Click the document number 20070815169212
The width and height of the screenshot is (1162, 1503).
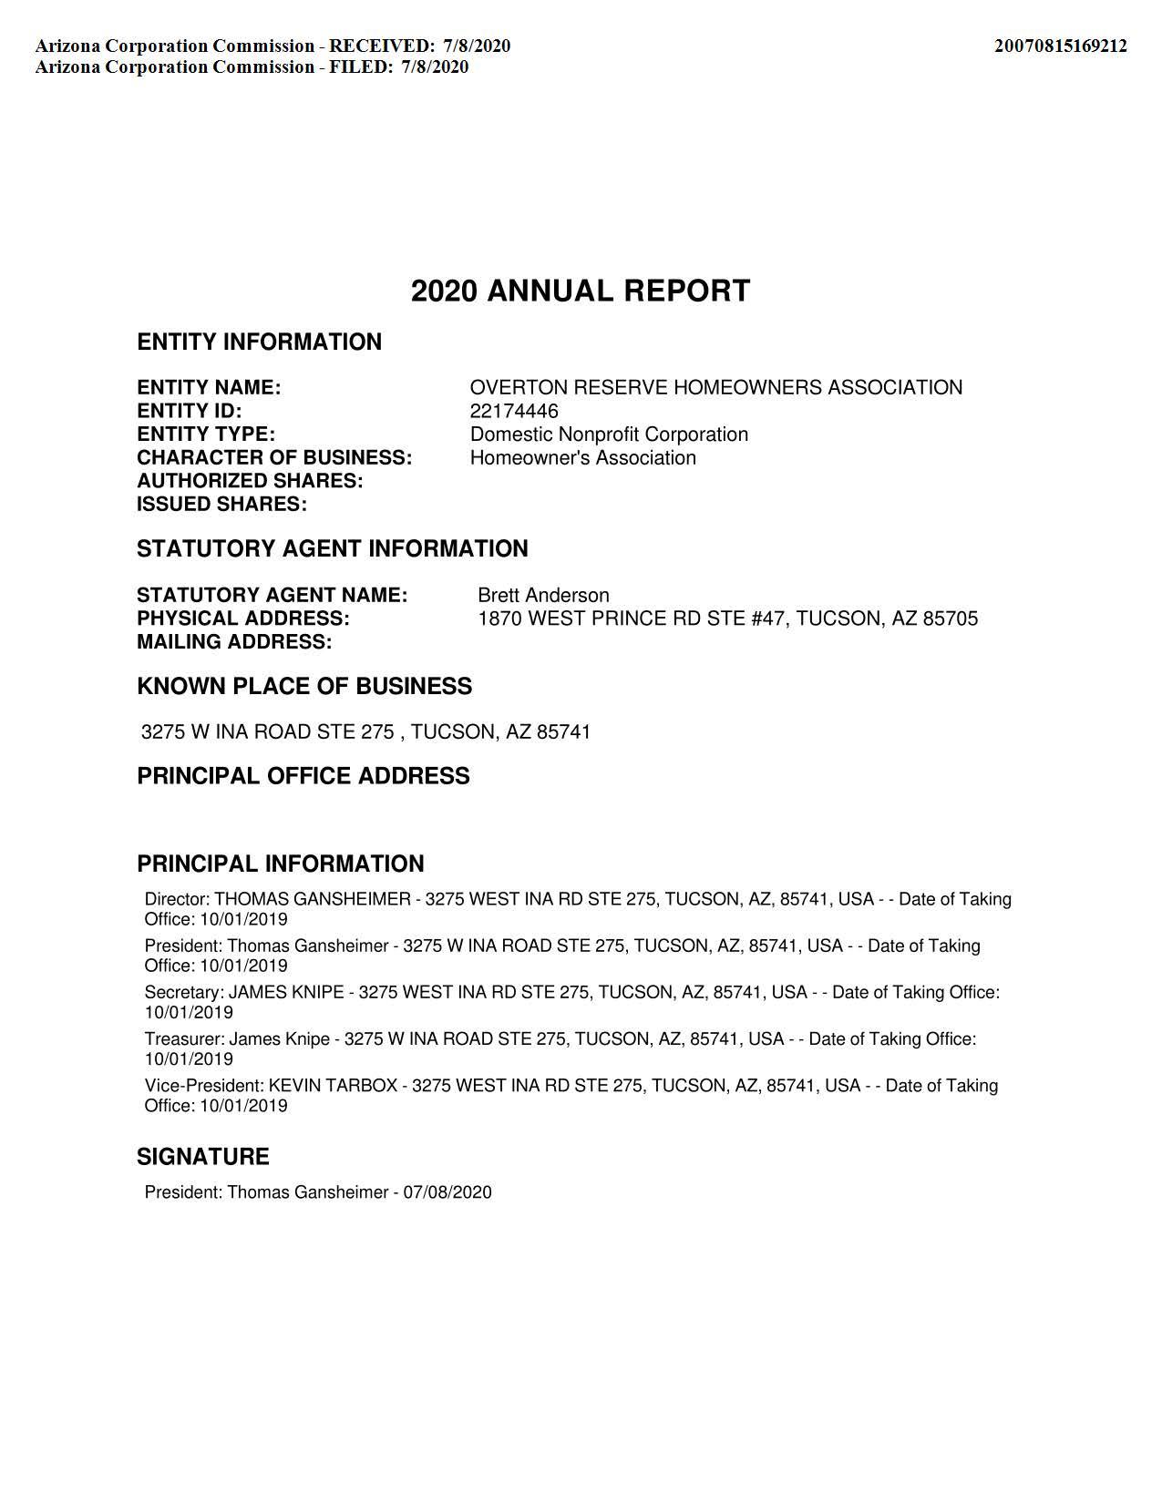click(x=1060, y=46)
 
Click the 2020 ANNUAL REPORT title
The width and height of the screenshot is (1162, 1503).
click(x=581, y=291)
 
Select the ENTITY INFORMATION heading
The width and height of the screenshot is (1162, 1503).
click(x=259, y=343)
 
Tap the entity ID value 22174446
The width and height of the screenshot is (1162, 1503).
click(x=514, y=411)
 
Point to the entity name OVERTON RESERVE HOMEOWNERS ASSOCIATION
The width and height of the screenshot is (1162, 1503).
click(x=715, y=387)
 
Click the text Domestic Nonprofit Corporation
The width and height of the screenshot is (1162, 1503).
click(x=609, y=435)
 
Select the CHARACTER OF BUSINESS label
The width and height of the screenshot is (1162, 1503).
click(x=274, y=458)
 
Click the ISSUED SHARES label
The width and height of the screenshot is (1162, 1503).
click(x=221, y=505)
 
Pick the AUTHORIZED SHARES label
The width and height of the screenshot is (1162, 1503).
click(x=250, y=481)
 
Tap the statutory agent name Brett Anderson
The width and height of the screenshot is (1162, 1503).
click(x=543, y=596)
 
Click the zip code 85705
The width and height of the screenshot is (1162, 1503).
click(x=951, y=619)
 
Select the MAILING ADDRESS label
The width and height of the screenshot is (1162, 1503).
click(x=234, y=642)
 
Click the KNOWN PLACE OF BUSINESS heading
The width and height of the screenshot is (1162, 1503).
click(x=304, y=687)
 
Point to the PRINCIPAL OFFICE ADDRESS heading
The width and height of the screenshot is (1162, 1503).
click(x=303, y=776)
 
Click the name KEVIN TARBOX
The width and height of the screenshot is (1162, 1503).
click(x=333, y=1086)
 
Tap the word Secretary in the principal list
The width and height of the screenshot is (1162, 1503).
click(x=182, y=992)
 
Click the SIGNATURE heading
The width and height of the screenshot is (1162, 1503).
click(x=202, y=1157)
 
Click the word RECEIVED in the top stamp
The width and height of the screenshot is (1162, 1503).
click(x=382, y=46)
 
